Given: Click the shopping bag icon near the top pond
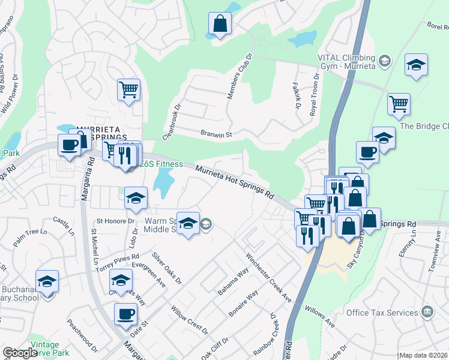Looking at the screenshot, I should (x=220, y=24).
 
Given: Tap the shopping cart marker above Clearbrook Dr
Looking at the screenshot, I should (x=128, y=90).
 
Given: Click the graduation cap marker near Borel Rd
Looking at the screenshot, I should (x=416, y=65).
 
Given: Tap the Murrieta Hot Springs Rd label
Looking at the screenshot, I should (x=234, y=182).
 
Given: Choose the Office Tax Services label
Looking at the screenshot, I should (x=382, y=313).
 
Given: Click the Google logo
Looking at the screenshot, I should (x=20, y=353).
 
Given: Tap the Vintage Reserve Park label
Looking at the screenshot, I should (x=45, y=349).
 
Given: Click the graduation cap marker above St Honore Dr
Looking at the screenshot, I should (x=136, y=198).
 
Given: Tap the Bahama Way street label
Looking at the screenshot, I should (x=233, y=281).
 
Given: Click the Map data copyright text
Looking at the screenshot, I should (x=423, y=355).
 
